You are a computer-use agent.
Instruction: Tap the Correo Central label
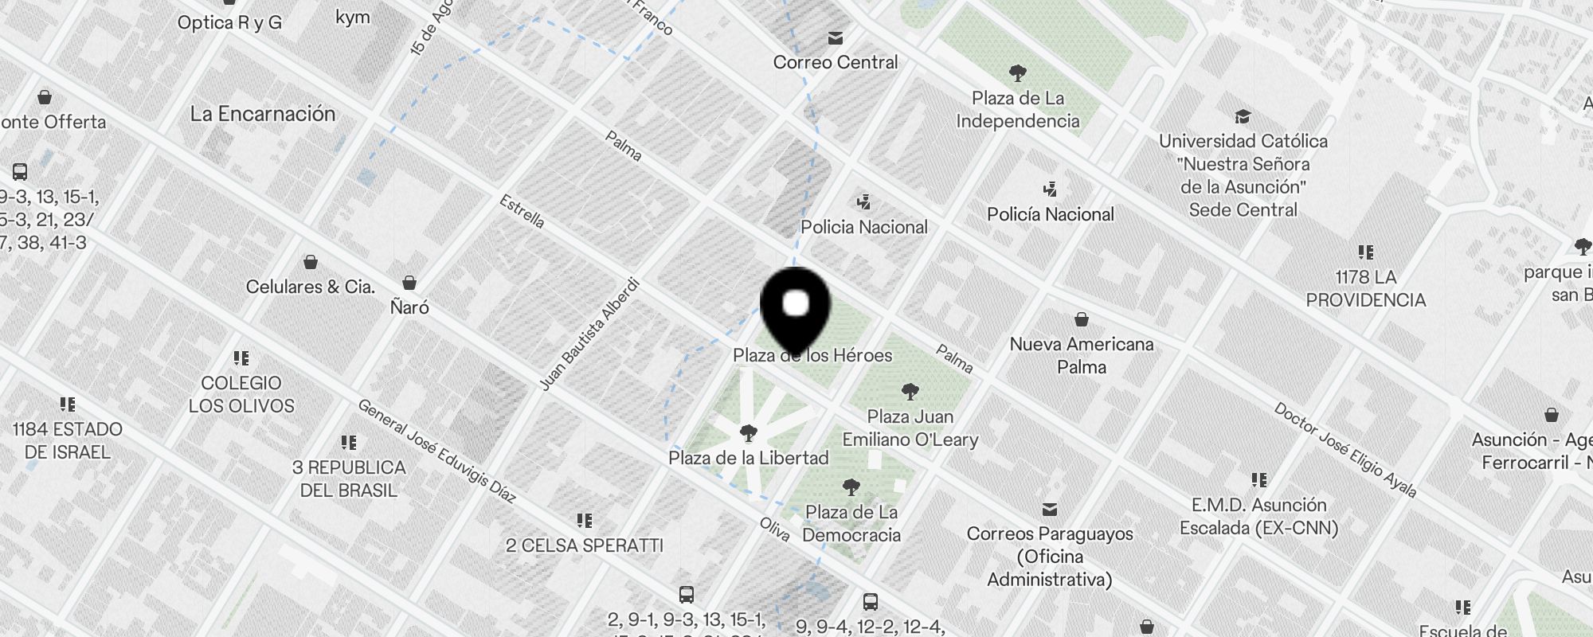[x=835, y=62]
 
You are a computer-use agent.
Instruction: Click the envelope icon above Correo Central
[x=835, y=37]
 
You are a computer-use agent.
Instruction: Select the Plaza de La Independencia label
[x=1017, y=110]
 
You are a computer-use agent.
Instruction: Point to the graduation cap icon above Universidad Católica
[x=1242, y=117]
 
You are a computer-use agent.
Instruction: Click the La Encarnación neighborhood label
[x=263, y=114]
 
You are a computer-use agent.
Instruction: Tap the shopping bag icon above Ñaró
[x=409, y=283]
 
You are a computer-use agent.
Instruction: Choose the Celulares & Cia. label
[x=311, y=287]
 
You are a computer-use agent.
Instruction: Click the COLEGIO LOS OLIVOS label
[x=241, y=394]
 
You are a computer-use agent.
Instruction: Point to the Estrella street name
[x=522, y=211]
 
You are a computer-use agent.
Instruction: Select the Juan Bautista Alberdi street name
[x=589, y=334]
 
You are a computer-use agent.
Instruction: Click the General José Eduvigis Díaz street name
[x=436, y=451]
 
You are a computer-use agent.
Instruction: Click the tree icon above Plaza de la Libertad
[x=748, y=433]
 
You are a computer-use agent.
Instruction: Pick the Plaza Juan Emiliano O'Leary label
[x=910, y=428]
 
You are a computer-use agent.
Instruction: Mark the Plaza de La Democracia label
[x=851, y=523]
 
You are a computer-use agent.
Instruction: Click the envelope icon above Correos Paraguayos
[x=1050, y=509]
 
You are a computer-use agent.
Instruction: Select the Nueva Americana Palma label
[x=1081, y=355]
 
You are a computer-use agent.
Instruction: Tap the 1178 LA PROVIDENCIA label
[x=1365, y=288]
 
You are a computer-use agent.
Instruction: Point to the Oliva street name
[x=774, y=529]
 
